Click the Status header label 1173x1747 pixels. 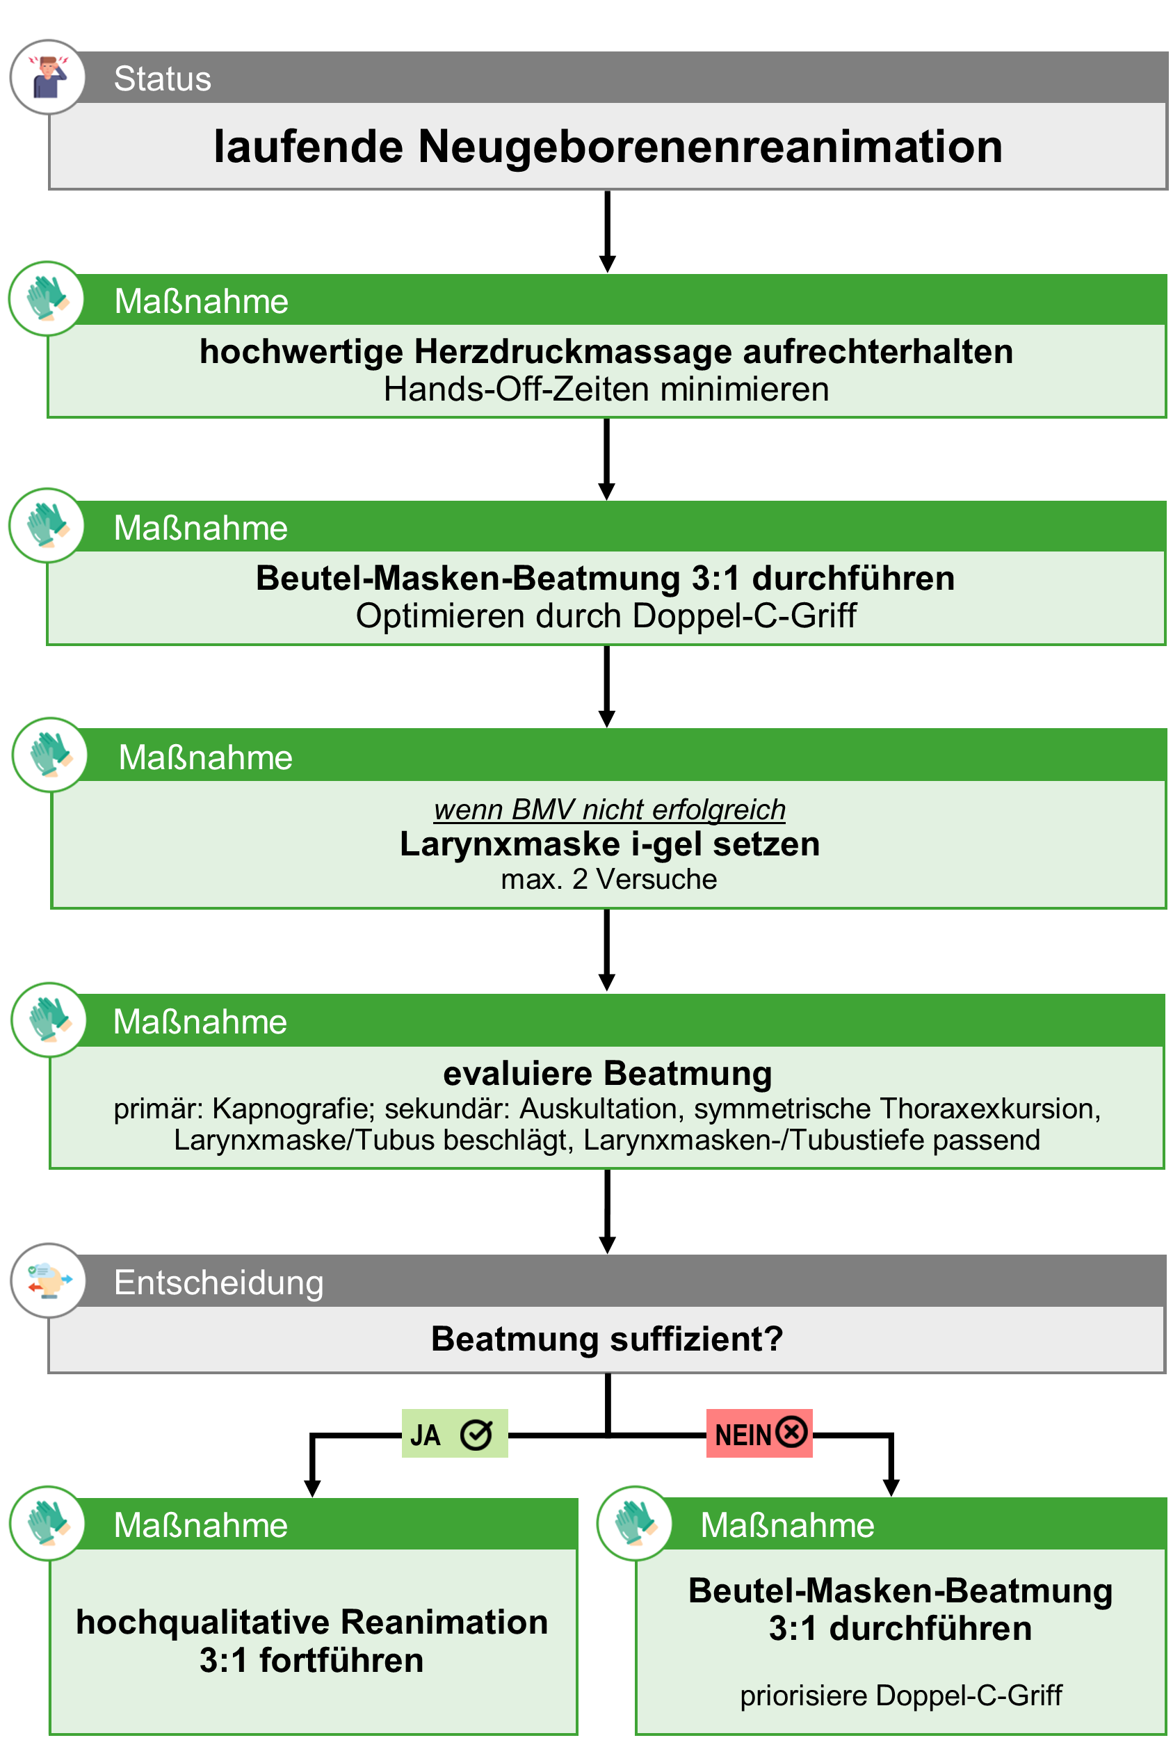162,79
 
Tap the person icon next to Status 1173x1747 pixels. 48,77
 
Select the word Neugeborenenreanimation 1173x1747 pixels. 710,146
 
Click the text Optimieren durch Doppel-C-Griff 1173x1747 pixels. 606,615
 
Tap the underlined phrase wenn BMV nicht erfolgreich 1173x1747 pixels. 610,810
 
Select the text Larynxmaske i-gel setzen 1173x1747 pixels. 610,844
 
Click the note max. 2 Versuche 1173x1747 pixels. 609,879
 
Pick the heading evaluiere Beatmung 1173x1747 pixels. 608,1073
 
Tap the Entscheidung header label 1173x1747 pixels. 218,1282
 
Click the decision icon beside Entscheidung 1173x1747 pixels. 49,1281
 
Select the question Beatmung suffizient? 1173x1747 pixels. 608,1339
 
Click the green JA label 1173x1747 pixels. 455,1433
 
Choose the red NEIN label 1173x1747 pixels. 759,1433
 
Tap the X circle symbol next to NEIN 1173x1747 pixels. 791,1432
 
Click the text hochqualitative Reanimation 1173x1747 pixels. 312,1622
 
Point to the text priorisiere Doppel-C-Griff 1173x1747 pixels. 900,1695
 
